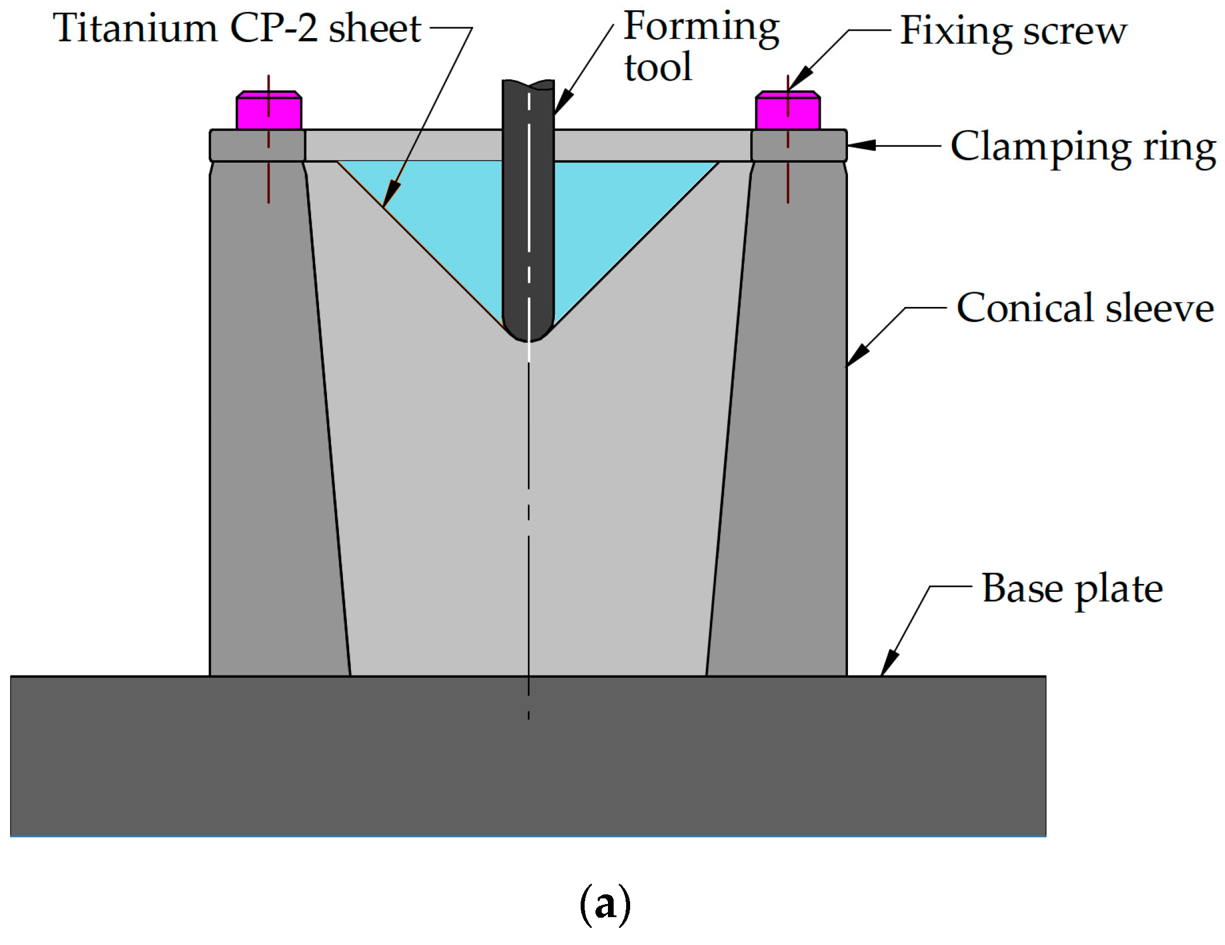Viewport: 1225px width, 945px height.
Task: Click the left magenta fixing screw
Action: (x=268, y=111)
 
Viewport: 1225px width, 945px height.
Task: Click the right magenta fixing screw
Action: (x=788, y=111)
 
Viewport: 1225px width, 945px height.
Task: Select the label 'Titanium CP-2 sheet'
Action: (x=237, y=28)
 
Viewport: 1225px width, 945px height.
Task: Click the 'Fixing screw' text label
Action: (x=1013, y=31)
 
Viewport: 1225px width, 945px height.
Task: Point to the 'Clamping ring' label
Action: (x=1083, y=147)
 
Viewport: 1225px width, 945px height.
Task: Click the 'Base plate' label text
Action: (x=1072, y=589)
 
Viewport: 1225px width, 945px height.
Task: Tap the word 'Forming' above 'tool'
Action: (x=701, y=27)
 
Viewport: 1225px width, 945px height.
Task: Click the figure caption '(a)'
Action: (x=605, y=905)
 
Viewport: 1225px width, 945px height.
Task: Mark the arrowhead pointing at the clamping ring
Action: (x=860, y=146)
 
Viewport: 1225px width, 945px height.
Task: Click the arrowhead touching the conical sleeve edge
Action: (x=856, y=355)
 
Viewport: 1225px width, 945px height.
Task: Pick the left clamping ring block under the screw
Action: (x=257, y=146)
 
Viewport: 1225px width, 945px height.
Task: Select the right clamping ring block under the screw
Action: (x=799, y=146)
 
